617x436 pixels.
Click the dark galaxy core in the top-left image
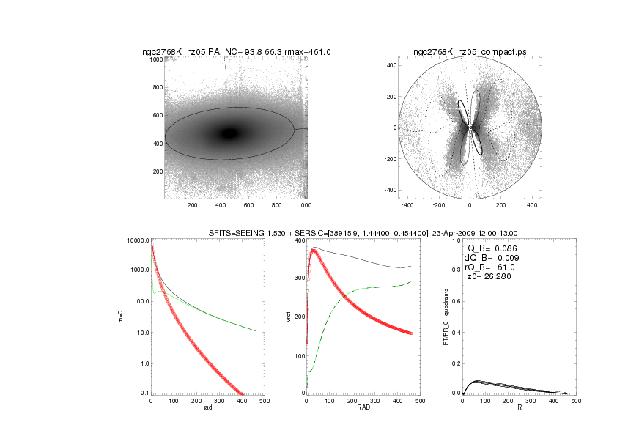tap(230, 133)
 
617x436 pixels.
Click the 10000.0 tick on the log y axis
tap(138, 241)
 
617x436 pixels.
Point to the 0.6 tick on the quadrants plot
tap(455, 302)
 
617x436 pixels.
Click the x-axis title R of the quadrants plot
tap(519, 408)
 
